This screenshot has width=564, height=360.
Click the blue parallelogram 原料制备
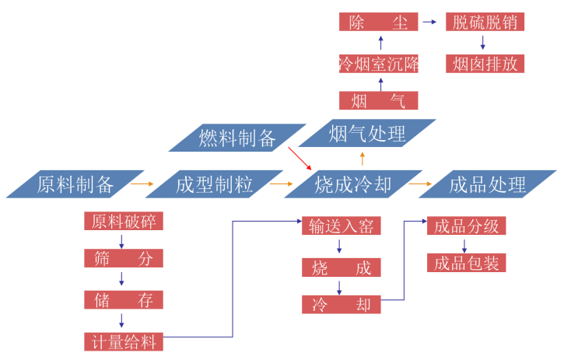click(x=75, y=184)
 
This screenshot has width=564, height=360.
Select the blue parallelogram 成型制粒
click(x=214, y=184)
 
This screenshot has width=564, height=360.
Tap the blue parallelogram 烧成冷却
click(x=352, y=184)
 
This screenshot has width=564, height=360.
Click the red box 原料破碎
click(x=124, y=221)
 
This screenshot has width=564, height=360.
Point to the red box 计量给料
click(x=124, y=341)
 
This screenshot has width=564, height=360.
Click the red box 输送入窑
click(x=342, y=226)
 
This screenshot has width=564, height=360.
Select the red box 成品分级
click(x=466, y=226)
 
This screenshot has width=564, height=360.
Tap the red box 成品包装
click(x=466, y=263)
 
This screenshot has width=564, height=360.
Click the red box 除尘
click(x=379, y=22)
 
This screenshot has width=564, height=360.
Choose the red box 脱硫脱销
click(x=484, y=22)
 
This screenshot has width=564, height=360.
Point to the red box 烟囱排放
click(x=484, y=63)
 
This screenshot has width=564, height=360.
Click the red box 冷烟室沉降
click(x=379, y=63)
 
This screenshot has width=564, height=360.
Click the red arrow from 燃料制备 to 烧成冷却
click(x=299, y=157)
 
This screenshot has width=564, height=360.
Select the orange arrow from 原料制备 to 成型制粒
click(x=142, y=184)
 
